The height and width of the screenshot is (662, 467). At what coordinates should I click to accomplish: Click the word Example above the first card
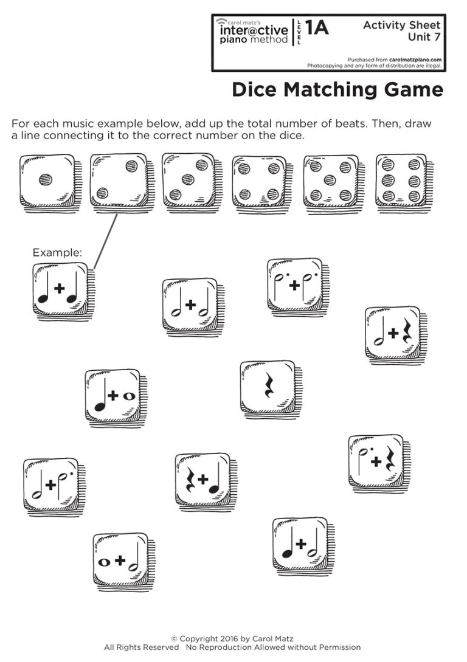tap(57, 252)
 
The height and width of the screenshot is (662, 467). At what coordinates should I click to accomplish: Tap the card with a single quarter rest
tap(268, 387)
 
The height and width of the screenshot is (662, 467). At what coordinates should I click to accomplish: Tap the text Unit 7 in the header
tap(424, 37)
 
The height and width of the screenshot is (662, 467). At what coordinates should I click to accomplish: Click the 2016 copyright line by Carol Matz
tap(232, 638)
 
